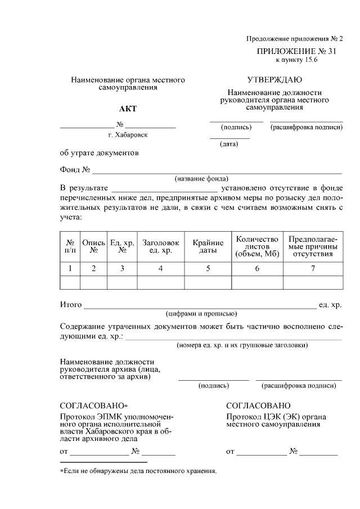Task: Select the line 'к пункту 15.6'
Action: coord(296,60)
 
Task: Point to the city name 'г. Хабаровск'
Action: coord(128,135)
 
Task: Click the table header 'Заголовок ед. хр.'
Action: coord(160,246)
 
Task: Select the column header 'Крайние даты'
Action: coord(208,246)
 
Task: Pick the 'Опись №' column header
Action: coord(94,246)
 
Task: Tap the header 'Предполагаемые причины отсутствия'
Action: coord(313,246)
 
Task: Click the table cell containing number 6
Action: coord(257,269)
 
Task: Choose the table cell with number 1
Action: coord(70,269)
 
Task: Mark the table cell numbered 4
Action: coord(160,269)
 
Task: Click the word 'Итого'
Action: coord(71,305)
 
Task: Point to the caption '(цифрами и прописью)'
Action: coord(201,314)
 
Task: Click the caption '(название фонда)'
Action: coord(201,178)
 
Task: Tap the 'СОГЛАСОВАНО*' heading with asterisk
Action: coord(94,406)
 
